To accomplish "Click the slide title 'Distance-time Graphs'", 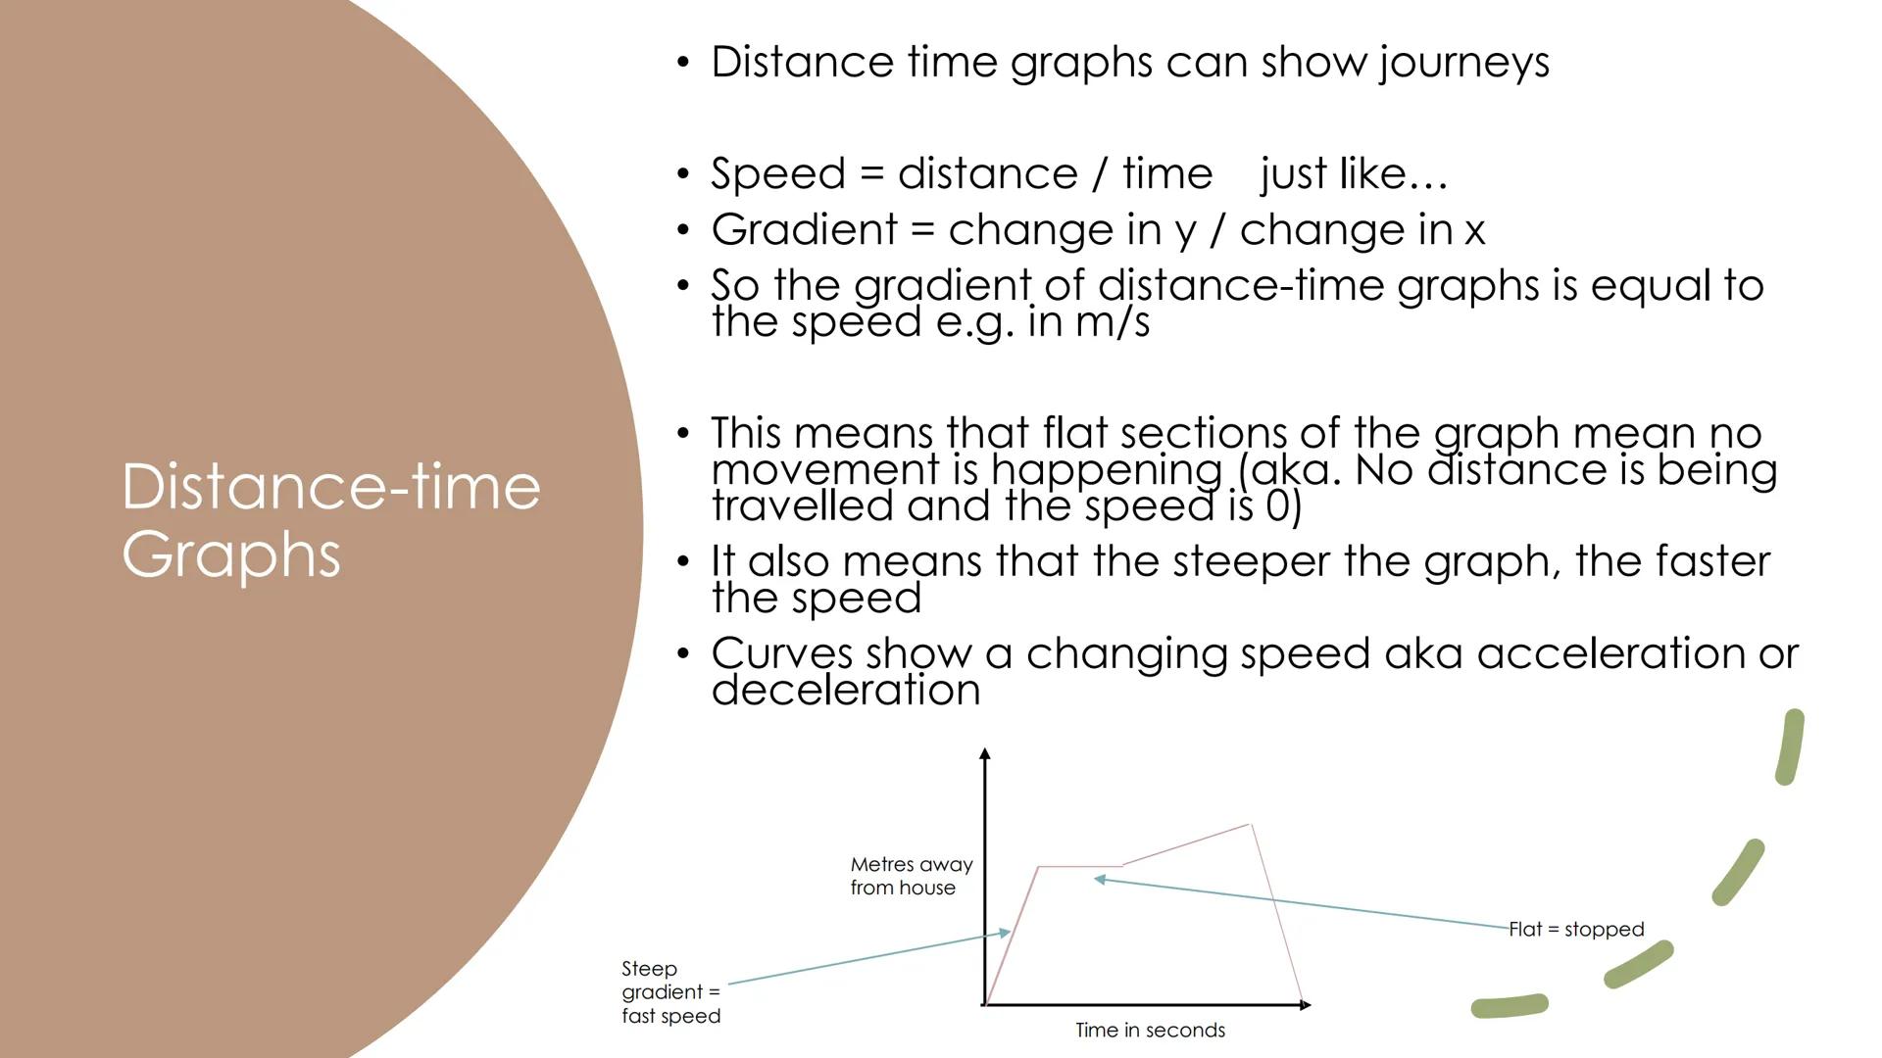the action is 330,520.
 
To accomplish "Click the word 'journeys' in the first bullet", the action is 1464,63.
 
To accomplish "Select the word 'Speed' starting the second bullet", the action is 778,174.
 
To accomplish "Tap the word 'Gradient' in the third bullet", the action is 804,229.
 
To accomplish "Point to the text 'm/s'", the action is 1112,322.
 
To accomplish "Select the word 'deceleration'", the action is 846,690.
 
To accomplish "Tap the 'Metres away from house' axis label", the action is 912,876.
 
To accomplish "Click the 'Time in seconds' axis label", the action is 1150,1030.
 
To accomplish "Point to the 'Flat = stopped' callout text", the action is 1576,929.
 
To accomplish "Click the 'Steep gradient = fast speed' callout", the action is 670,992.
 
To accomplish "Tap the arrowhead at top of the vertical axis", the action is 985,753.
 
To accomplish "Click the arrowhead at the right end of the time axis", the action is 1305,1004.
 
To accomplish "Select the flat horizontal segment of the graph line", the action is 1079,866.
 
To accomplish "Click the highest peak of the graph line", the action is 1250,825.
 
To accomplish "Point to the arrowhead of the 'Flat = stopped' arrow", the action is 1100,879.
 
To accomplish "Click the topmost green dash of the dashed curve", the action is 1790,746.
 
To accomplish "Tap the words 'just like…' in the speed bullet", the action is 1354,174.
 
